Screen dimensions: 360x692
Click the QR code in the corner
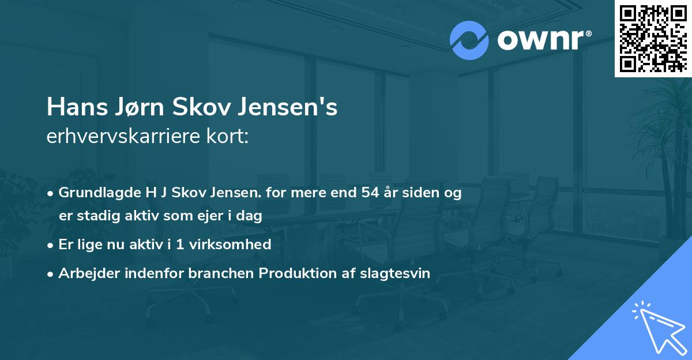(653, 38)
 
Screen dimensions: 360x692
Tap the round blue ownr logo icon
(469, 40)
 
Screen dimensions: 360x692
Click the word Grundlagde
(94, 193)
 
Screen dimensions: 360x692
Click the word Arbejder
(85, 273)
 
